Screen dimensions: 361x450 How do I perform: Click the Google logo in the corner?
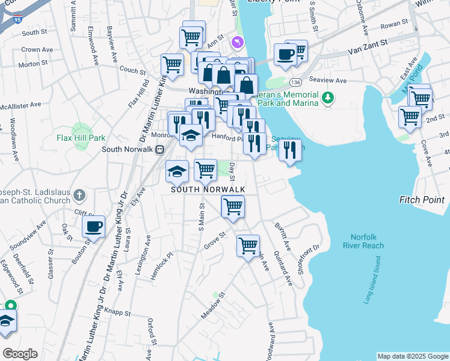click(20, 354)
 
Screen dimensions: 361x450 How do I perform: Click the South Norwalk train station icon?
click(159, 150)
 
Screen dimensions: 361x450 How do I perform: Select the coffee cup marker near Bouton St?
click(93, 228)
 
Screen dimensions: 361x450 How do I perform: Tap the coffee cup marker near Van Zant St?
click(285, 55)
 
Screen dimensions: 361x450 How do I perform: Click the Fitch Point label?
click(421, 200)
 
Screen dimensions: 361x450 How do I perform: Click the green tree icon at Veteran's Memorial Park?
click(327, 96)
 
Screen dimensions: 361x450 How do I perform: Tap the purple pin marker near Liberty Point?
click(237, 42)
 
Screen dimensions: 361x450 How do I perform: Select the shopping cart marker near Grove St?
click(248, 246)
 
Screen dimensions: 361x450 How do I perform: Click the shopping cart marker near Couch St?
click(172, 64)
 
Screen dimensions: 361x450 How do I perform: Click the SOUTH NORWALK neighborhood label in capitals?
click(208, 190)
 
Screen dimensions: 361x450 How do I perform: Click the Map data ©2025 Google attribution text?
click(413, 356)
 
